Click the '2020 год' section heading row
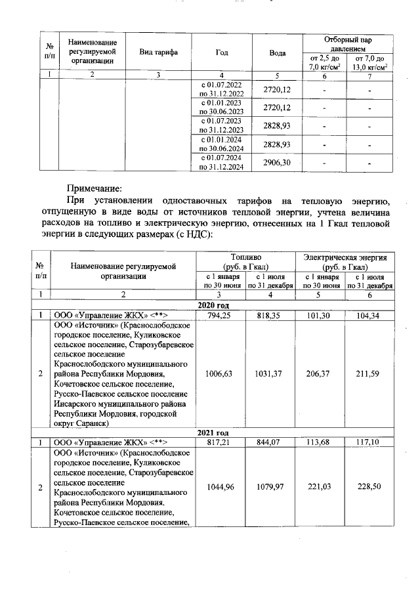(x=213, y=305)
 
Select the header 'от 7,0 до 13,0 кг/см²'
(x=369, y=63)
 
